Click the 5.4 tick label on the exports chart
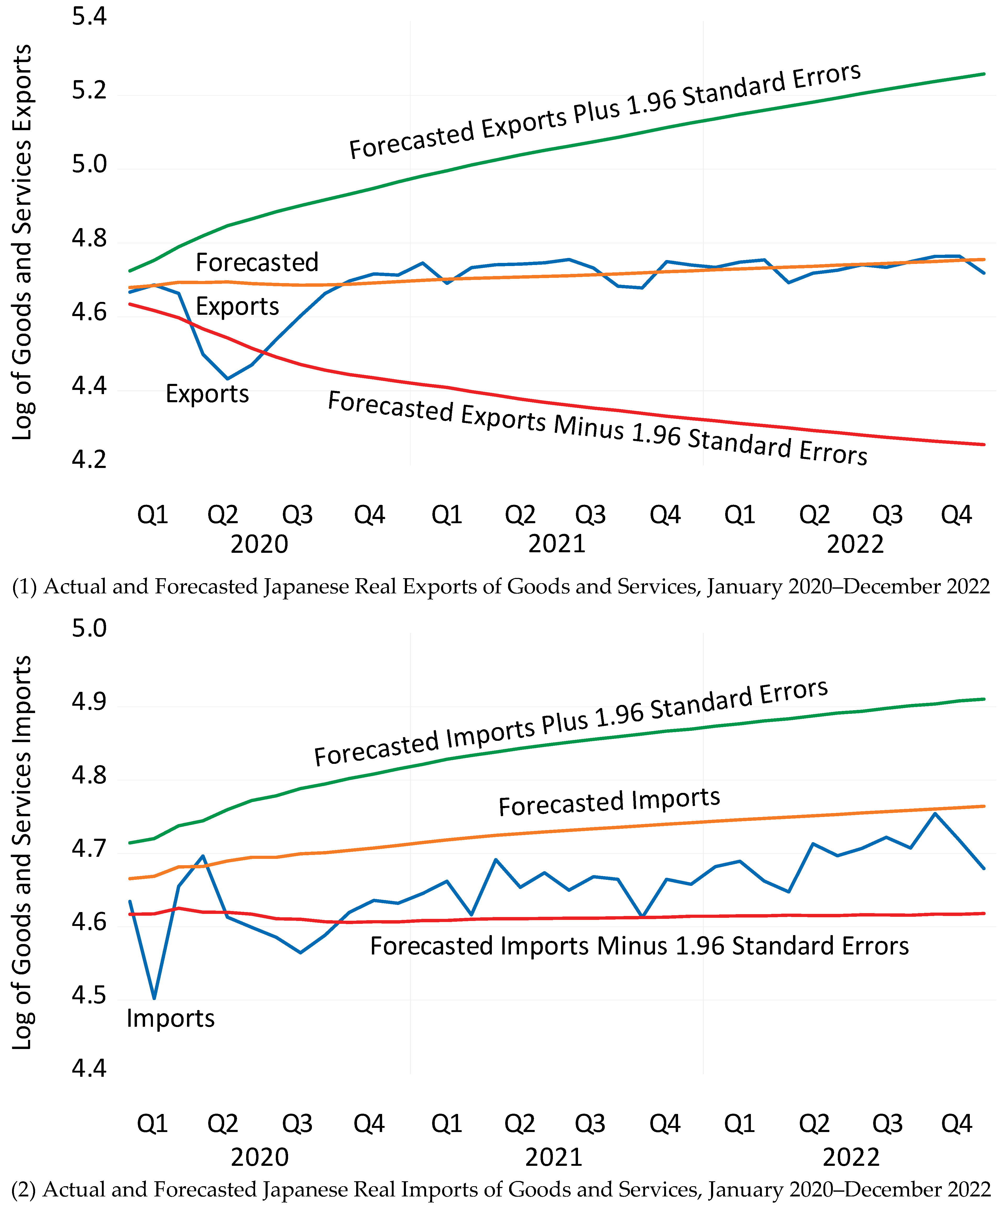click(89, 16)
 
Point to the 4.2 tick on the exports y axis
click(89, 459)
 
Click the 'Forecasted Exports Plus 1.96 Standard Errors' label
click(604, 111)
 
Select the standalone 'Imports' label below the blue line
click(170, 1018)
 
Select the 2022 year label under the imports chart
click(851, 1157)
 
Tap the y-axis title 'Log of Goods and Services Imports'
click(22, 852)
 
